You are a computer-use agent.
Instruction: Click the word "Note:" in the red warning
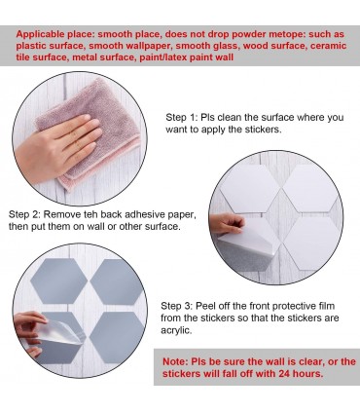(175, 361)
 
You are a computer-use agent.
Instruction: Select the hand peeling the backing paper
(226, 224)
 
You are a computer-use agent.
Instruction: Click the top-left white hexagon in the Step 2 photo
(245, 188)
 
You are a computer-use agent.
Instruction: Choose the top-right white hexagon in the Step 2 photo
(308, 188)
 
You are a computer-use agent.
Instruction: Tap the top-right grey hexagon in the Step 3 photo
(117, 281)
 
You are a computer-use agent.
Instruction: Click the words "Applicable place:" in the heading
(55, 34)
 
